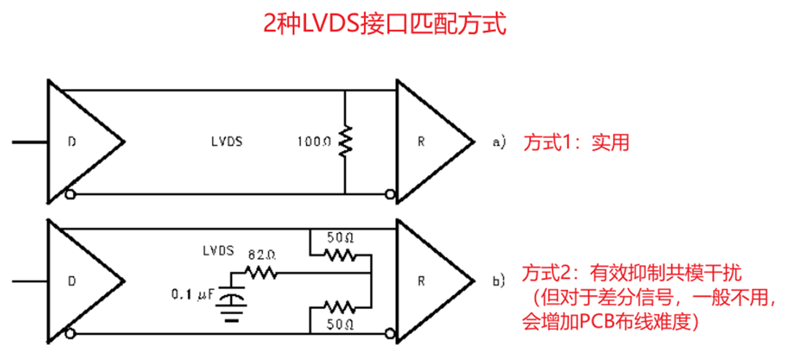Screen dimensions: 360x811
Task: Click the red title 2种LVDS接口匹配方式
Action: tap(384, 25)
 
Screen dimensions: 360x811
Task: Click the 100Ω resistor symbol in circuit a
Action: tap(345, 142)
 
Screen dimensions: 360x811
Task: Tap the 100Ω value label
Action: tap(314, 142)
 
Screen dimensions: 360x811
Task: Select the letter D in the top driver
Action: tap(72, 142)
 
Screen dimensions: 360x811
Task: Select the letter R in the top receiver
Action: tap(421, 142)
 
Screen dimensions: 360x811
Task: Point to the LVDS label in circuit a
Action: tap(227, 142)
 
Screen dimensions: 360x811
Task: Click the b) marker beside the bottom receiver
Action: tap(498, 281)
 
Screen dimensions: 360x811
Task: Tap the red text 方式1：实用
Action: tap(576, 142)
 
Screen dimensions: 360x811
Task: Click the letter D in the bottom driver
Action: tap(72, 281)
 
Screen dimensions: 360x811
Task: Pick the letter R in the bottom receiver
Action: tap(421, 281)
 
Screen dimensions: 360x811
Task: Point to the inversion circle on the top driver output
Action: tap(71, 195)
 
